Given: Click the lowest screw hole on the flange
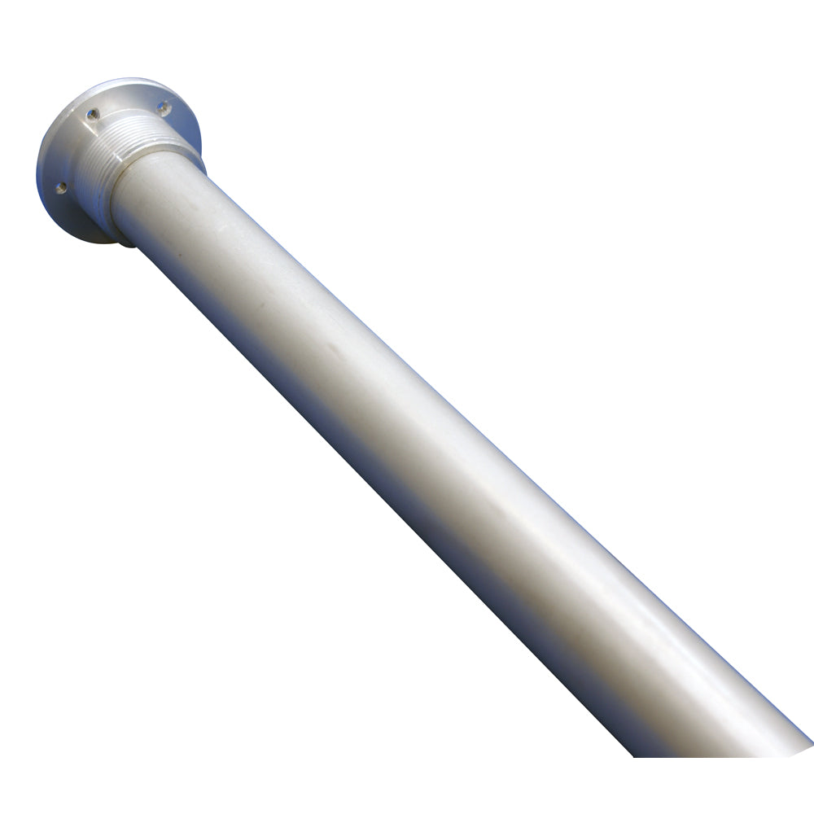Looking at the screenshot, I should (61, 188).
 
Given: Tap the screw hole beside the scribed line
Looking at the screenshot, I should (93, 114).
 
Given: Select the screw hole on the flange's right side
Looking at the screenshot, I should (164, 107).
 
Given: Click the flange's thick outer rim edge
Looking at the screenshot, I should (43, 163).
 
